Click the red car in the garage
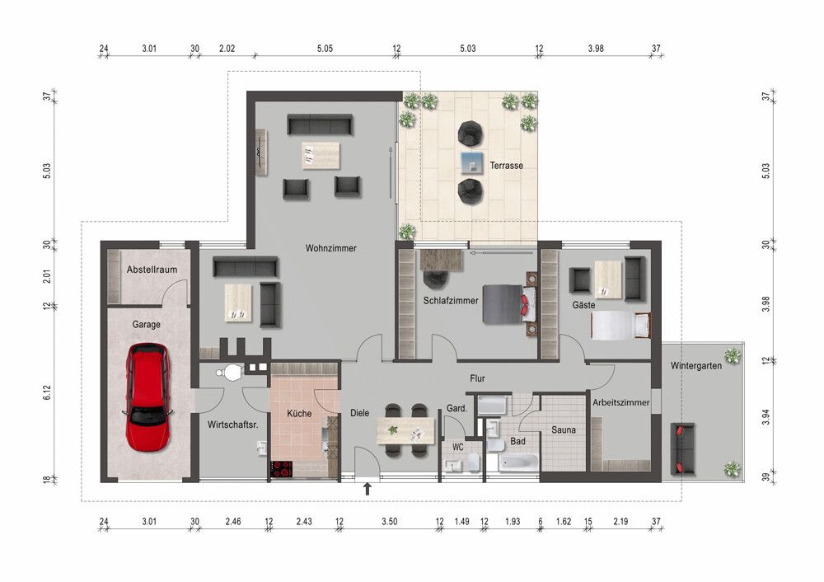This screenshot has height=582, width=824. tap(147, 397)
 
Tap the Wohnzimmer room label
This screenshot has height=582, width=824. tap(331, 248)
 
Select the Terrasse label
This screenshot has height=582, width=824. tap(507, 166)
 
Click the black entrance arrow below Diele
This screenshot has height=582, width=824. tap(368, 489)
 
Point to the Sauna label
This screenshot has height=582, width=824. tap(564, 430)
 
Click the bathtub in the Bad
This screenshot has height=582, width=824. tap(518, 462)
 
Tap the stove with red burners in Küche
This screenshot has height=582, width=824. tap(281, 469)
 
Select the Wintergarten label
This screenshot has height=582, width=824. tap(695, 366)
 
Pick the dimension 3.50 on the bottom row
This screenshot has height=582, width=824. tap(390, 522)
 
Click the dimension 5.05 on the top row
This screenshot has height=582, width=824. tap(325, 49)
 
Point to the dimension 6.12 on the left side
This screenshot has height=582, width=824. tap(47, 392)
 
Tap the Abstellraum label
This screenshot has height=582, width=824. tap(152, 270)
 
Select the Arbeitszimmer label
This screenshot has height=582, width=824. tap(621, 403)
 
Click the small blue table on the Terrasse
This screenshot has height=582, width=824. tap(472, 163)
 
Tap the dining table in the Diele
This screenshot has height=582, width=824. tap(406, 430)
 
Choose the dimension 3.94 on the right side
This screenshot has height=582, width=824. tap(765, 417)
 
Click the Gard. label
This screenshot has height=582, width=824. tap(456, 409)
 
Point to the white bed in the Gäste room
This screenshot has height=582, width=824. tap(620, 326)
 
